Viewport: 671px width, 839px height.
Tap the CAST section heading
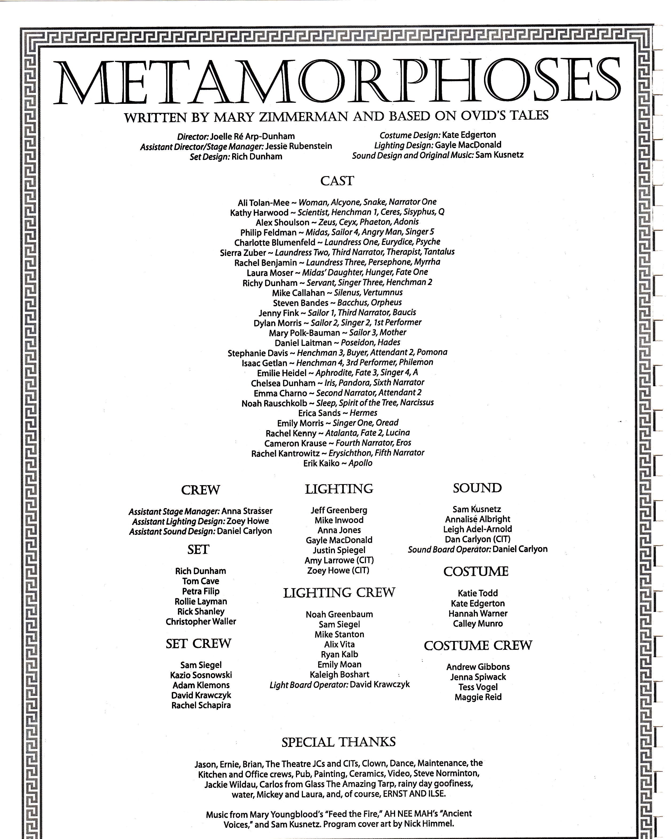tap(337, 181)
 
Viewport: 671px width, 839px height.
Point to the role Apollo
tap(361, 463)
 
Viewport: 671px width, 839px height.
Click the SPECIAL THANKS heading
tap(338, 742)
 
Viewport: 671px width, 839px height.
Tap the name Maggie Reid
tap(478, 697)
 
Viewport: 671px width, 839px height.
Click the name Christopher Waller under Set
tap(201, 622)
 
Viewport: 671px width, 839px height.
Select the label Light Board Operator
tap(309, 684)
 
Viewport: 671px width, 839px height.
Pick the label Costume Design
tap(410, 135)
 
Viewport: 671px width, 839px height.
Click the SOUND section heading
tap(477, 488)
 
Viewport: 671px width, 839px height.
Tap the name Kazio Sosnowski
tap(201, 675)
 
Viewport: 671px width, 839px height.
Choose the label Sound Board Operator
tap(449, 549)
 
